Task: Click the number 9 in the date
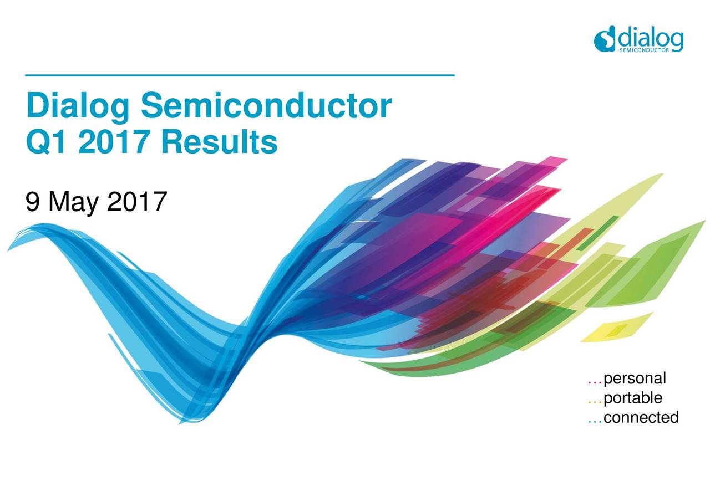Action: pyautogui.click(x=33, y=202)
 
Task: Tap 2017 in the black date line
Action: pyautogui.click(x=136, y=202)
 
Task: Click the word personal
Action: pyautogui.click(x=635, y=379)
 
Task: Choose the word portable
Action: pyautogui.click(x=632, y=398)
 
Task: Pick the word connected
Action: pyautogui.click(x=641, y=417)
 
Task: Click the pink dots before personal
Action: pyautogui.click(x=595, y=382)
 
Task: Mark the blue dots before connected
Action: pyautogui.click(x=595, y=420)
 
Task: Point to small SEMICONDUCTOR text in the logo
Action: pyautogui.click(x=645, y=50)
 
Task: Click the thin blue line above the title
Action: pyautogui.click(x=240, y=75)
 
